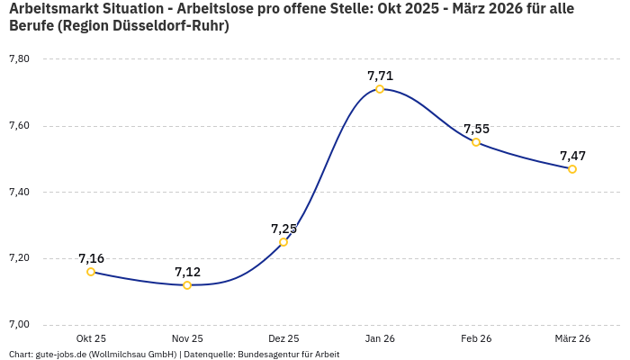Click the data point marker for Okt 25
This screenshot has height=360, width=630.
point(91,272)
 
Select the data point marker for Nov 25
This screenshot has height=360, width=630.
point(187,285)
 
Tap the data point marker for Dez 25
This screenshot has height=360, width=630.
point(283,242)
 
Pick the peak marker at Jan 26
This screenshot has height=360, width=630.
point(380,89)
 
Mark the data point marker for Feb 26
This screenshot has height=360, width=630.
point(476,142)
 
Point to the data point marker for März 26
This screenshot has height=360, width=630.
point(572,169)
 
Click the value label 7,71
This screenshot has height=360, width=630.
point(380,76)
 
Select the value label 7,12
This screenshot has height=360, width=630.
point(187,272)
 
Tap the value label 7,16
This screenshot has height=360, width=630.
point(91,258)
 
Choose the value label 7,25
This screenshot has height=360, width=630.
point(283,229)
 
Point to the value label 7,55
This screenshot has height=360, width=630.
point(476,129)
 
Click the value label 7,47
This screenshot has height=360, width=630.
point(572,156)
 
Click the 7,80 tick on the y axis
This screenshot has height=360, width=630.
point(19,59)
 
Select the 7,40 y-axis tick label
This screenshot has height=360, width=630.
point(19,192)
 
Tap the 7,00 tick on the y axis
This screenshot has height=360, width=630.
point(19,325)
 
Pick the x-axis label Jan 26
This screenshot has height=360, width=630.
point(380,338)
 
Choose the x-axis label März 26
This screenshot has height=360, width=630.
point(572,338)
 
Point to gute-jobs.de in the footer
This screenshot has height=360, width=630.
point(60,355)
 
